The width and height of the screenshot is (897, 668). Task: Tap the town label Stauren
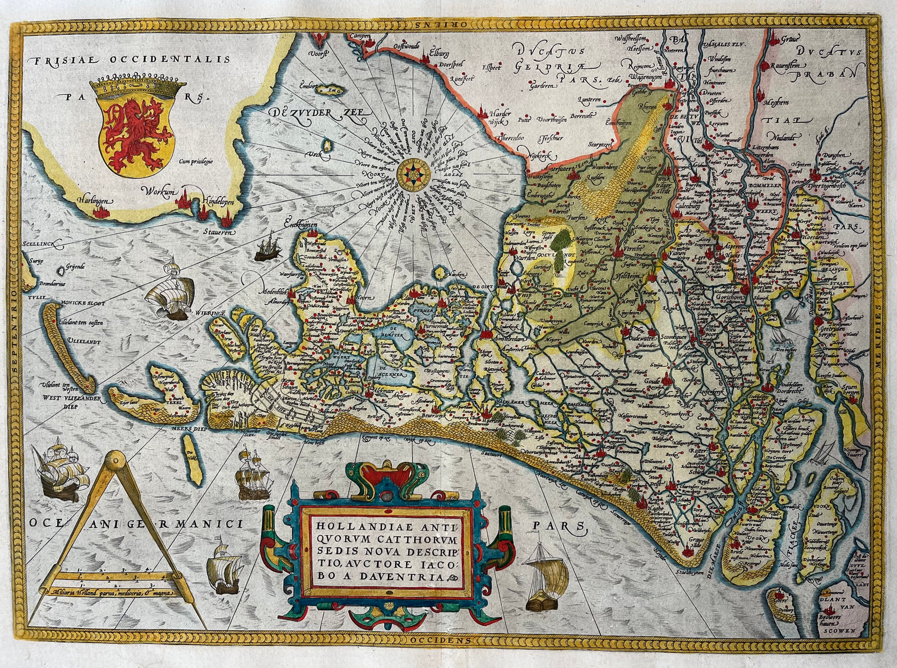click(220, 230)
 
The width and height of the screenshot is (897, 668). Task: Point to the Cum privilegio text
click(197, 161)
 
